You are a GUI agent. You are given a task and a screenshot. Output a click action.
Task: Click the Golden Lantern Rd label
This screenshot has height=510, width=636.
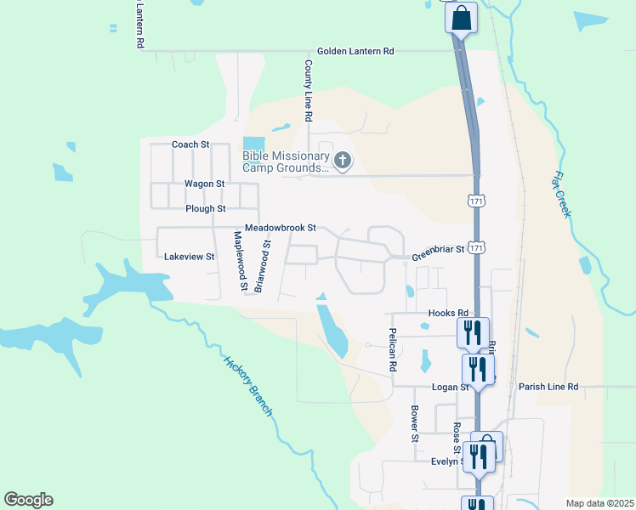[355, 51]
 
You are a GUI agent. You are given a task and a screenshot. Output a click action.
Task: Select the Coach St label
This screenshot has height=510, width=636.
[190, 144]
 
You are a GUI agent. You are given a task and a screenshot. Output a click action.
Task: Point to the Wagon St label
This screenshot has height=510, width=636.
[204, 184]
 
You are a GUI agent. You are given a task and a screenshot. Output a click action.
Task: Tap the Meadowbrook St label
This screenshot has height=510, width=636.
[280, 229]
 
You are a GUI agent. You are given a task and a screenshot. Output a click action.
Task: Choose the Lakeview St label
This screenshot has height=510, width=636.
[189, 256]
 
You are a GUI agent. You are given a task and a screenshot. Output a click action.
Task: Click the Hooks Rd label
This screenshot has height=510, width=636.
[449, 313]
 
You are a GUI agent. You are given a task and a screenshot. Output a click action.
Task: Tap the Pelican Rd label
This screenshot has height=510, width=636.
[393, 350]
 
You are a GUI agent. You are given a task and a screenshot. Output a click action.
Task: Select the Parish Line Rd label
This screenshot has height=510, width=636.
[548, 387]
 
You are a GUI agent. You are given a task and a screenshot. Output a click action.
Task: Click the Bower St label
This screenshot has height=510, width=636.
[415, 422]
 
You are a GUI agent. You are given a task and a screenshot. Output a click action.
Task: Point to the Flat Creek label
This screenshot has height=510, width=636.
[560, 195]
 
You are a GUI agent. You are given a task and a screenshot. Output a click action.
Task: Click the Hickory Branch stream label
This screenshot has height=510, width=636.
[247, 385]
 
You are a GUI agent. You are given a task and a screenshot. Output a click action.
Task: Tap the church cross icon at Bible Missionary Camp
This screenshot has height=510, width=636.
[342, 160]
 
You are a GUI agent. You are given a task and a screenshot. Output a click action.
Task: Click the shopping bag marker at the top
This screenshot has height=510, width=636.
[460, 18]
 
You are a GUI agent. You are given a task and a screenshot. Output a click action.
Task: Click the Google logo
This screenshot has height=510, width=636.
[28, 500]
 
